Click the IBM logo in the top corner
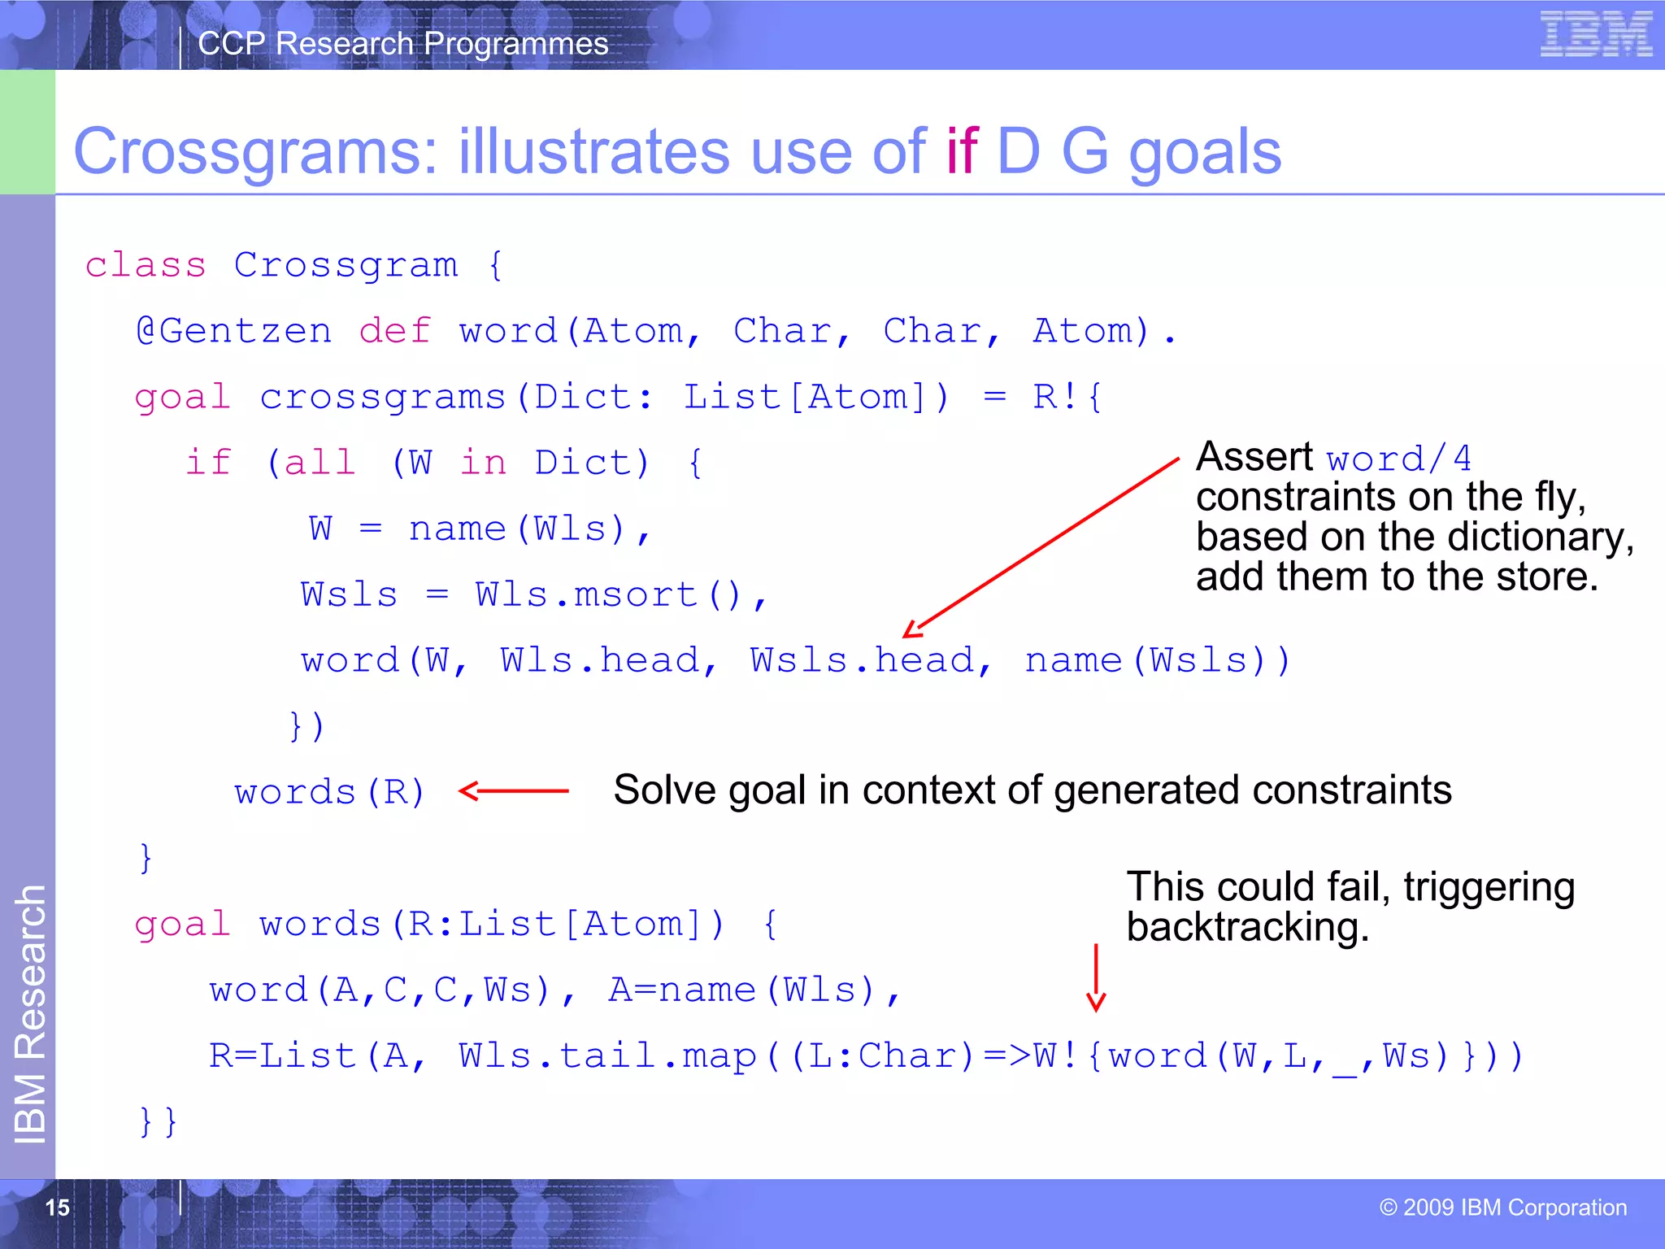[1595, 34]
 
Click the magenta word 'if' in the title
[962, 152]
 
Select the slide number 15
[57, 1208]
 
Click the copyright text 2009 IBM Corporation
[1503, 1208]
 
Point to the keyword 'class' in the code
[146, 266]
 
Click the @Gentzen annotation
[234, 332]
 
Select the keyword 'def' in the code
[394, 332]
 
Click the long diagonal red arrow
[1041, 547]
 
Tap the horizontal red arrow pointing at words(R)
[514, 790]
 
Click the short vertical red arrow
[1096, 977]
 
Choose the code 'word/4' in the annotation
[1398, 459]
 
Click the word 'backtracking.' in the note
[1247, 928]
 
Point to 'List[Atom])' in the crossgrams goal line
[815, 398]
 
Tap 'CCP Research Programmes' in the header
[402, 44]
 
